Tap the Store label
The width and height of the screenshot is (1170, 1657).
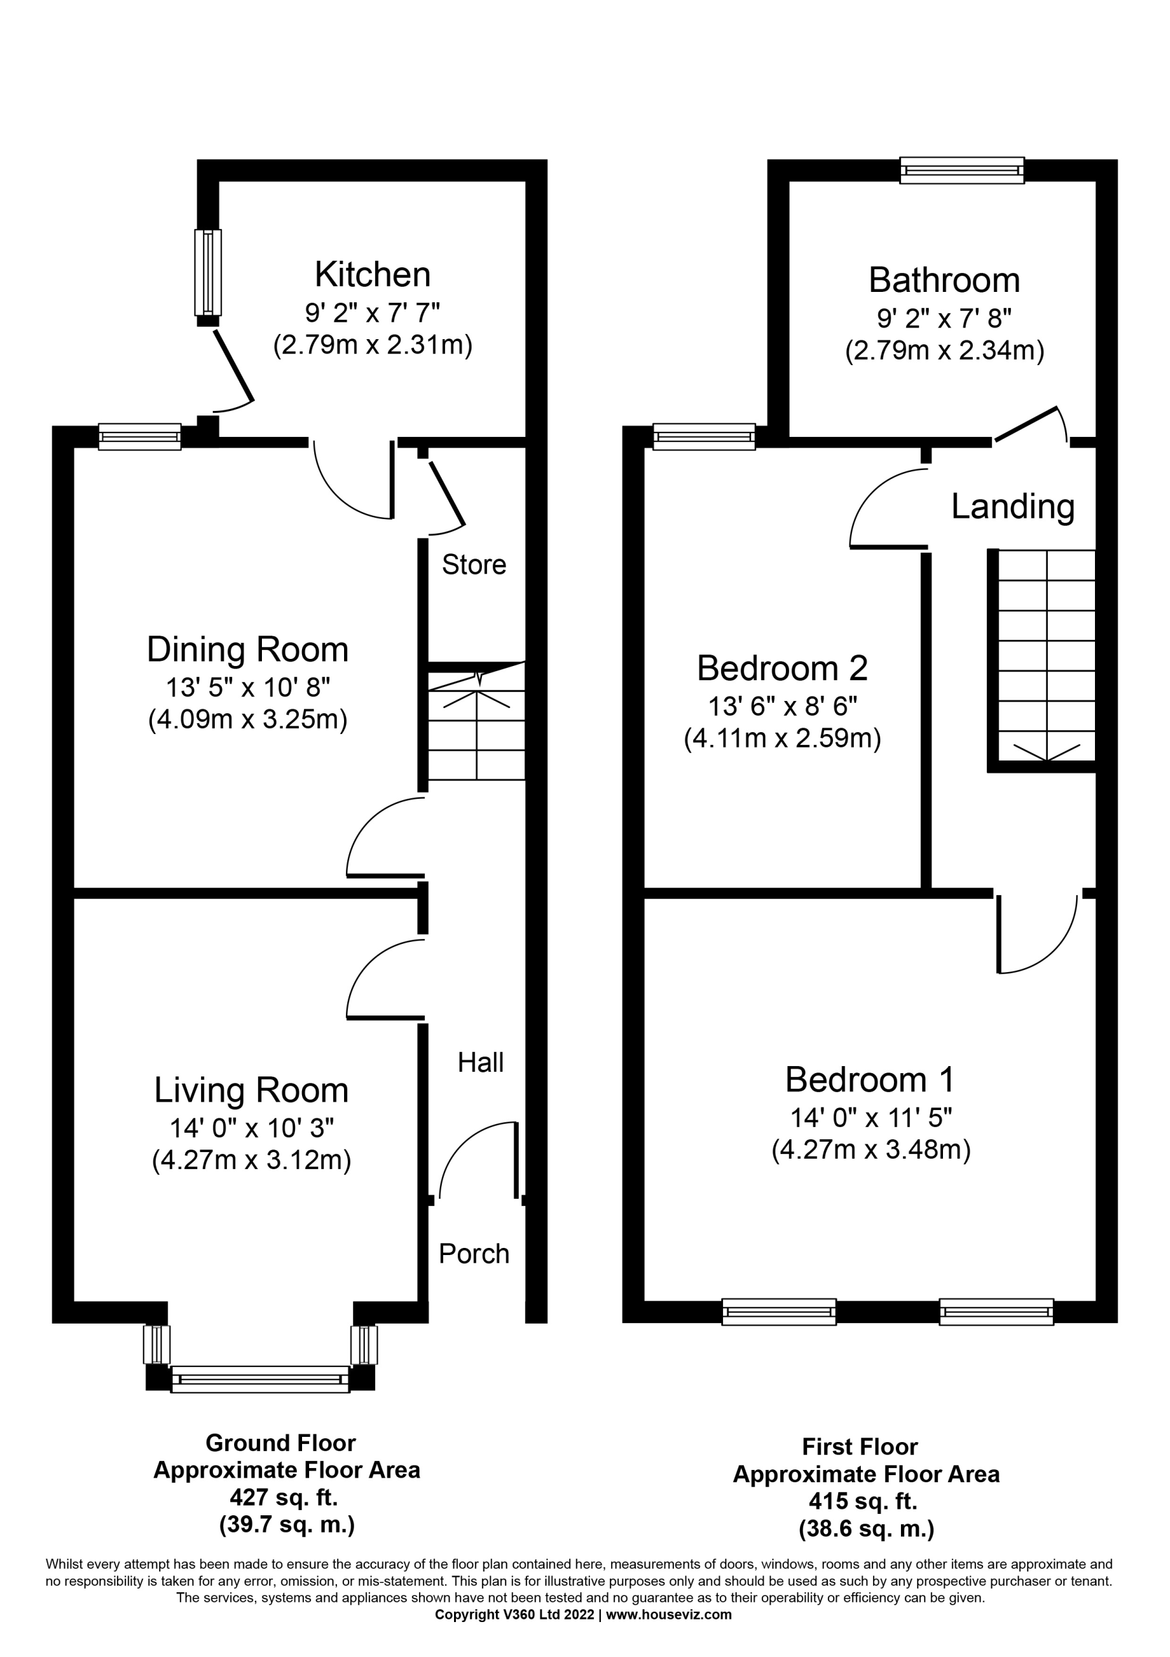click(x=474, y=564)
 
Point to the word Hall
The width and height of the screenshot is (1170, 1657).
click(x=481, y=1062)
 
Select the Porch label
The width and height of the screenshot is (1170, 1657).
click(x=474, y=1254)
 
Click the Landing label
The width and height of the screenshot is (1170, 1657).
click(x=1013, y=507)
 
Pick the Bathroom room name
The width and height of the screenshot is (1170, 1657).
click(x=944, y=280)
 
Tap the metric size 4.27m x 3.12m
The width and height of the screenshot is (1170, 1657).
click(x=251, y=1160)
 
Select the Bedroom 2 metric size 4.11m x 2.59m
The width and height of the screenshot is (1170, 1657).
click(x=783, y=739)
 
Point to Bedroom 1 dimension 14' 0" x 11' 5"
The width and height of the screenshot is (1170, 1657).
click(x=871, y=1117)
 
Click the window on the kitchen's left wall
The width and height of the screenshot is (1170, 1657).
click(x=208, y=272)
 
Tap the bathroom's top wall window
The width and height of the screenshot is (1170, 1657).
click(x=962, y=170)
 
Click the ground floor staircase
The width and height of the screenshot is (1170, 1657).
click(x=477, y=721)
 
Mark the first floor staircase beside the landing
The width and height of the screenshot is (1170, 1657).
click(x=1046, y=655)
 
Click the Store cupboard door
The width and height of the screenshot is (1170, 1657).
click(x=446, y=494)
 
